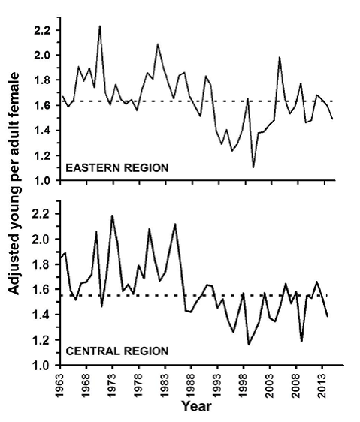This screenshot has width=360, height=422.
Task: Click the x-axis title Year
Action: pyautogui.click(x=196, y=405)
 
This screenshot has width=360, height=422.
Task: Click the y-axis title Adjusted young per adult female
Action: pyautogui.click(x=14, y=183)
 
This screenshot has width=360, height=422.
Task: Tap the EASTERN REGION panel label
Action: pyautogui.click(x=117, y=168)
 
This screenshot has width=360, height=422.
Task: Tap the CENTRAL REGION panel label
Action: pyautogui.click(x=117, y=351)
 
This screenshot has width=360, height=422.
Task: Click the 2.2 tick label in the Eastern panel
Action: pyautogui.click(x=42, y=31)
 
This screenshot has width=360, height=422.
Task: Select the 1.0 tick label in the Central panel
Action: pyautogui.click(x=42, y=366)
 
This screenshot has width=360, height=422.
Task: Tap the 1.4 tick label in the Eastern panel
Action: pyautogui.click(x=42, y=131)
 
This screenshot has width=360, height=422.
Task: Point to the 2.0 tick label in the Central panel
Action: pyautogui.click(x=42, y=240)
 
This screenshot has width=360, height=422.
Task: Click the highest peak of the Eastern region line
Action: pyautogui.click(x=100, y=26)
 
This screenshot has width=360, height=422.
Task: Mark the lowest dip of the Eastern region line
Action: pyautogui.click(x=253, y=167)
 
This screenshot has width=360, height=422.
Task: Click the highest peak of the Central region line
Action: pyautogui.click(x=112, y=216)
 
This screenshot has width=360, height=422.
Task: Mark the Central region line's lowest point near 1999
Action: pyautogui.click(x=249, y=345)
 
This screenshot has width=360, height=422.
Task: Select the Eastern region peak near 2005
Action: pyautogui.click(x=280, y=57)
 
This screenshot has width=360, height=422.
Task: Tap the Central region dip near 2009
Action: pyautogui.click(x=301, y=342)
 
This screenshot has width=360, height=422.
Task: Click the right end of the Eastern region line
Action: pyautogui.click(x=333, y=119)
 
